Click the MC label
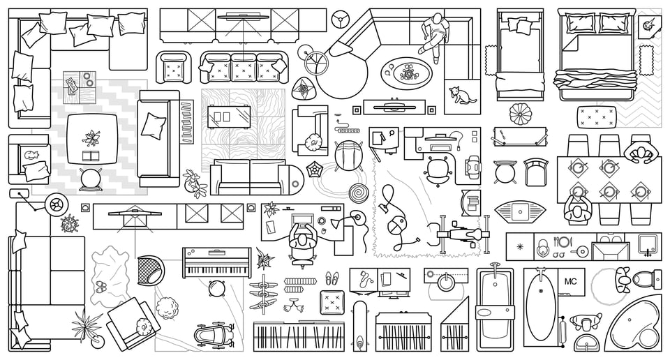(x=570, y=281)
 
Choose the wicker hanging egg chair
(x=149, y=268)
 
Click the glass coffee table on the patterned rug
(x=231, y=115)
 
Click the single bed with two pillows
(x=520, y=56)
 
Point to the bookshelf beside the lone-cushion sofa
(x=186, y=121)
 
